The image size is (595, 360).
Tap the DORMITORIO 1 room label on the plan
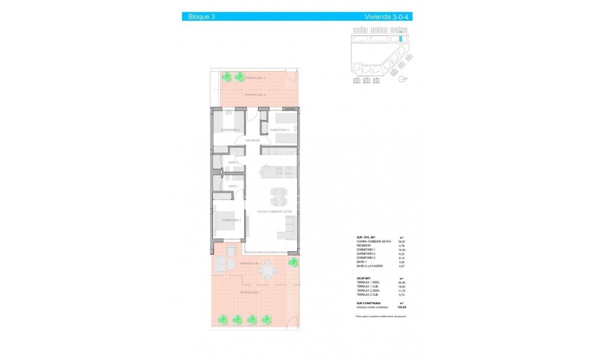click(232, 220)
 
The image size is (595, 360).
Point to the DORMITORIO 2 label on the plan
click(230, 130)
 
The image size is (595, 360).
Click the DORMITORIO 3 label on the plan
click(279, 130)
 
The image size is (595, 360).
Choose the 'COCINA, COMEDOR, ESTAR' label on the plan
click(271, 211)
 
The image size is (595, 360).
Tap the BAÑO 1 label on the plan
click(234, 187)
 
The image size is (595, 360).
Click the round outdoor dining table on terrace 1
click(267, 271)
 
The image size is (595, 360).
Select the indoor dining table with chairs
click(278, 195)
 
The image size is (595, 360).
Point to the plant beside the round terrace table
click(292, 262)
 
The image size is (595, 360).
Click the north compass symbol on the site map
click(402, 78)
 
